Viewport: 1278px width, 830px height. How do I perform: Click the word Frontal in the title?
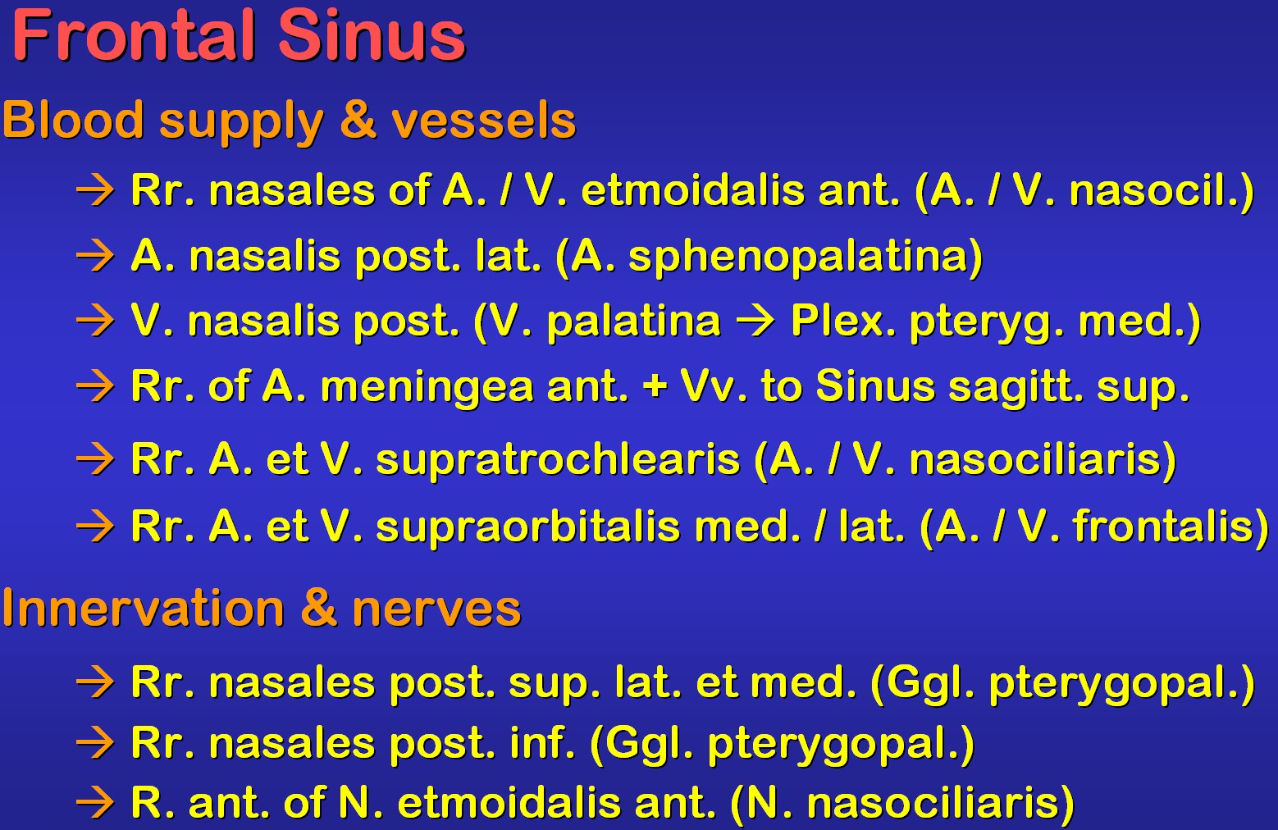(134, 35)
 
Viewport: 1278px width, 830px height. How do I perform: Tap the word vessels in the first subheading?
(484, 121)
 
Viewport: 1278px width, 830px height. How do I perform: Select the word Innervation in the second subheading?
(144, 608)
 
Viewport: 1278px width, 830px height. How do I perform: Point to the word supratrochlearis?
(558, 460)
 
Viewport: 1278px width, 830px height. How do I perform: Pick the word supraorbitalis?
(528, 527)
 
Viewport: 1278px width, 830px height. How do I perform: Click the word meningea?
(427, 387)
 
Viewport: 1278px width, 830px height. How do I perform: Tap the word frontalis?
(1162, 526)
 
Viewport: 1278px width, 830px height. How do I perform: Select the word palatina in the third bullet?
(634, 322)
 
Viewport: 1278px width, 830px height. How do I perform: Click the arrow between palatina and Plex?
(755, 322)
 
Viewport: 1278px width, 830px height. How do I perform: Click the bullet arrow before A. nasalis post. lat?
(95, 257)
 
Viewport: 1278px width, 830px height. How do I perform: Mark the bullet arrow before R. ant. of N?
(95, 804)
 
